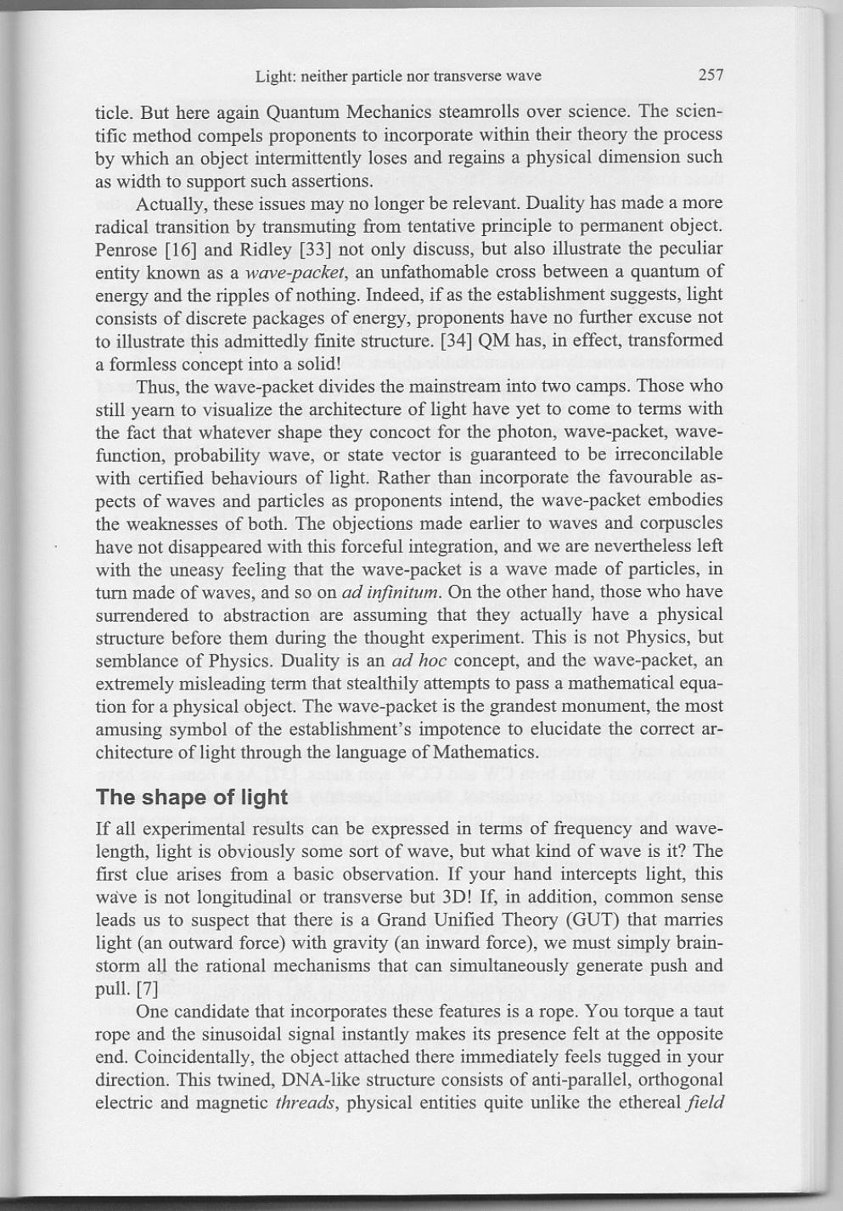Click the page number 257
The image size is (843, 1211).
click(x=710, y=75)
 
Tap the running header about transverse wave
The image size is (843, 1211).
click(x=398, y=76)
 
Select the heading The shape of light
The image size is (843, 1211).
click(x=192, y=797)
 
